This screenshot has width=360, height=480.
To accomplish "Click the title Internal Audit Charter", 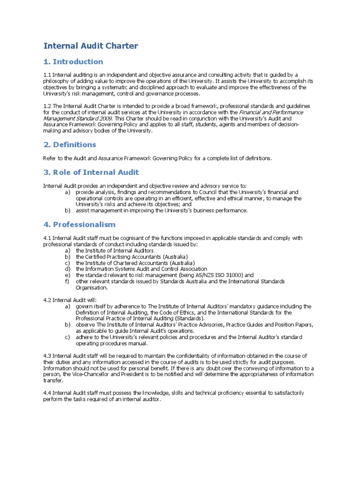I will point(90,45).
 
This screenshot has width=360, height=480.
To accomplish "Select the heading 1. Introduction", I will point(73,62).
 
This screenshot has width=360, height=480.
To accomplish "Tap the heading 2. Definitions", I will point(69,144).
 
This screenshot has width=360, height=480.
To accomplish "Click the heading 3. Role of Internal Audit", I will point(91,172).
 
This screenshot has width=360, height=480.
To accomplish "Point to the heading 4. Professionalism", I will point(79,225).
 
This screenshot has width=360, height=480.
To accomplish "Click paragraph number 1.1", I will point(47,75).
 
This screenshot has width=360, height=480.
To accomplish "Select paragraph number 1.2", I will point(47,106).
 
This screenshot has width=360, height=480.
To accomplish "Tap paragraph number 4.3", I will point(47,356).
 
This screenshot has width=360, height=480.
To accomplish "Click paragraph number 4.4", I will point(47,392).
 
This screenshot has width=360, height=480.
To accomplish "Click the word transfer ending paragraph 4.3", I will point(53,381).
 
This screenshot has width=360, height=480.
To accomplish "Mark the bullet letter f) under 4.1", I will point(67,281).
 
